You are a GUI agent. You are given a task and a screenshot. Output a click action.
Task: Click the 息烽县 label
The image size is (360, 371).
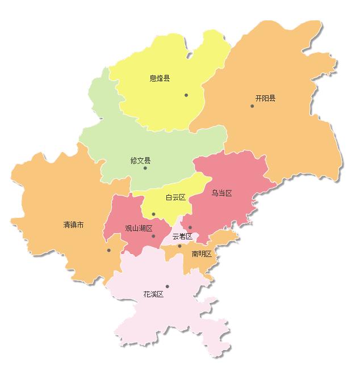[x=160, y=78]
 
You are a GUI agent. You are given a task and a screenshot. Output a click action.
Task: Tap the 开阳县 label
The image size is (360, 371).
[x=265, y=98]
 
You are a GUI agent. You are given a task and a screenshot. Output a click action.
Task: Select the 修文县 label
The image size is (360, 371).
[x=140, y=161]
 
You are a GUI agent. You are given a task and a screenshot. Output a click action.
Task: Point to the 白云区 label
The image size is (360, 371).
[x=175, y=197]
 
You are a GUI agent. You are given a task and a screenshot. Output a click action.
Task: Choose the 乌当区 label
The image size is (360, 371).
[x=222, y=193]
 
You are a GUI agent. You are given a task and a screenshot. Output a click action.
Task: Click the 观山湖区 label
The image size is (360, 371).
[x=139, y=228]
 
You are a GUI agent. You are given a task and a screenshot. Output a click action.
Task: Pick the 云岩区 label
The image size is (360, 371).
[x=182, y=236]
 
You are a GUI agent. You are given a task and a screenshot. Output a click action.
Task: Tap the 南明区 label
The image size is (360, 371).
[x=202, y=254]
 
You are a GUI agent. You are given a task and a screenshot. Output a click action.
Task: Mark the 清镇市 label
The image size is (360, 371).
[x=73, y=225]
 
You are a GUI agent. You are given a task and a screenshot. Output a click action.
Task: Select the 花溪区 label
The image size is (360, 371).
[x=153, y=294]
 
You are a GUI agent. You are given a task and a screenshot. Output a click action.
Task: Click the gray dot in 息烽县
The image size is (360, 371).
[x=186, y=95]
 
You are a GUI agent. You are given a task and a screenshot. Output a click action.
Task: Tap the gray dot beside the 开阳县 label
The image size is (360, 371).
[x=252, y=106]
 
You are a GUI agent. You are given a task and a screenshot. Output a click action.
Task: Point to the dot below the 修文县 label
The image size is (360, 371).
[x=145, y=168]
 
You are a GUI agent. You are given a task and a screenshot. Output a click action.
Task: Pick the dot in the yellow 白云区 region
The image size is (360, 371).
[x=153, y=214]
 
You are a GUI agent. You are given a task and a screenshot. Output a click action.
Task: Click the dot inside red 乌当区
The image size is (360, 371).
[x=190, y=227]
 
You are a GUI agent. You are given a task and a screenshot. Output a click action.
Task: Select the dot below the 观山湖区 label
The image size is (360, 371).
[x=153, y=236]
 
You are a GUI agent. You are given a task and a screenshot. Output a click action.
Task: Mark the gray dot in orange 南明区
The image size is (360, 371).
[x=179, y=246]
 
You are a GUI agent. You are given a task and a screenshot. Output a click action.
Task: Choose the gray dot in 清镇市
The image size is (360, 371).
[x=108, y=250]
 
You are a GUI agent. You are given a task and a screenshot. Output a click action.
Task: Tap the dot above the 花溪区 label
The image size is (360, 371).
[x=167, y=286]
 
